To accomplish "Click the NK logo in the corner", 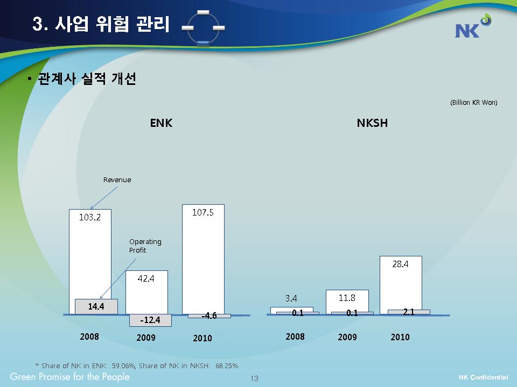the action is point(473,26).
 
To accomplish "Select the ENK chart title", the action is point(161,123).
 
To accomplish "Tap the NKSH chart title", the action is point(372,123).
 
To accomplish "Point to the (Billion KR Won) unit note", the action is point(473,102).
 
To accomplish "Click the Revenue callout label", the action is point(117,180).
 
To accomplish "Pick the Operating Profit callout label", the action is point(145,246).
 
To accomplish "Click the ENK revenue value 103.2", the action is point(90,217).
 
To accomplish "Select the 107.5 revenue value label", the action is point(203,213).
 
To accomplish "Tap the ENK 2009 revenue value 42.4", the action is point(146,278).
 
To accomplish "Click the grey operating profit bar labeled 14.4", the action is point(96,306).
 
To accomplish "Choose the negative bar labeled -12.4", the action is point(150,320).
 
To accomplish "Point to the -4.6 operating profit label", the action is point(209,316).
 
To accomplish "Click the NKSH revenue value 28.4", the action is point(400,264).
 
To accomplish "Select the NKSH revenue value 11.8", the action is point(347,298).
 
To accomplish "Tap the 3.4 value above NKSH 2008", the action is point(291,298).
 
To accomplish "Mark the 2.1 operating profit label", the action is point(409,312).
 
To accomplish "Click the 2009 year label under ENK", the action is point(146,338).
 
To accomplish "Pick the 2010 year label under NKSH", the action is point(400,337).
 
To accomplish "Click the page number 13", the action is point(255,378).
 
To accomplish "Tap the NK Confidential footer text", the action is point(484,377).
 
